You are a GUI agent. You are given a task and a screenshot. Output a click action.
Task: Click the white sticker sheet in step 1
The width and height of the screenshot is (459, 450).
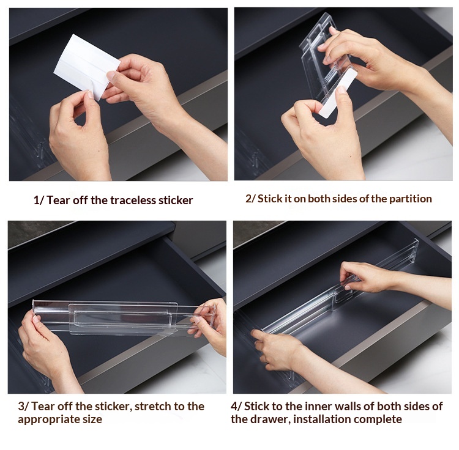[x=87, y=66]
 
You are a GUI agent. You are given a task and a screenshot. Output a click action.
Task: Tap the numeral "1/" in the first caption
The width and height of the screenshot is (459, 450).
[x=39, y=201]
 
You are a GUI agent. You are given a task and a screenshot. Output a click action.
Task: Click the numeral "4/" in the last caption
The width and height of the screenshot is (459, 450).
[x=236, y=407]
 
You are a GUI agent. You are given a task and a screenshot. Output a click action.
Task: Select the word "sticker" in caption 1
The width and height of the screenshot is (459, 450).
[x=176, y=201]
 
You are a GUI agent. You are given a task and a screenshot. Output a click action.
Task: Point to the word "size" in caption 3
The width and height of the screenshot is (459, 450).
[x=91, y=419]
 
